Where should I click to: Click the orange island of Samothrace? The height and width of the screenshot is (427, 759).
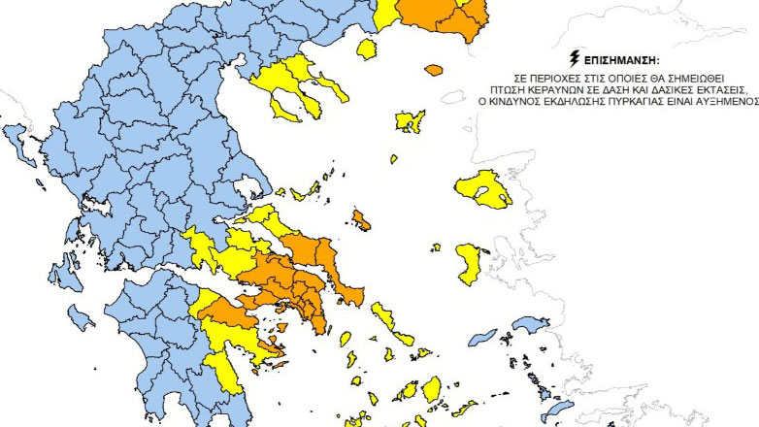[433, 70]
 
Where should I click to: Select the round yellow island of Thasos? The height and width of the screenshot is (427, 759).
[367, 49]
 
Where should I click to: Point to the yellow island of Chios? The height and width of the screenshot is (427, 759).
[469, 260]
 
